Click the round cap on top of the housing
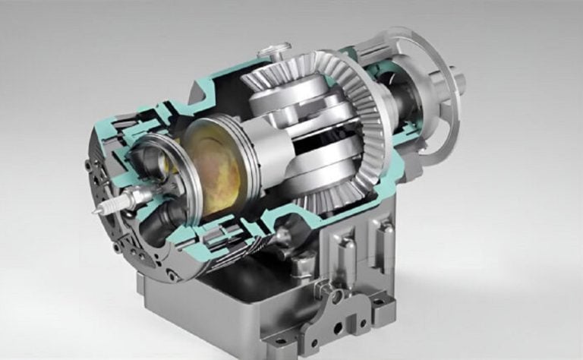click(271, 53)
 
